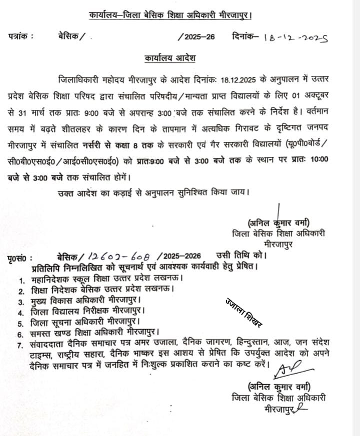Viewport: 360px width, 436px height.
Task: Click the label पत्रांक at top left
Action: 20,36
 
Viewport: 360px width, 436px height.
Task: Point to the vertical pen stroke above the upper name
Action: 278,206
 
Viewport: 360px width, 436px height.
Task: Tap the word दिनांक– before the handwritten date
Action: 245,36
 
